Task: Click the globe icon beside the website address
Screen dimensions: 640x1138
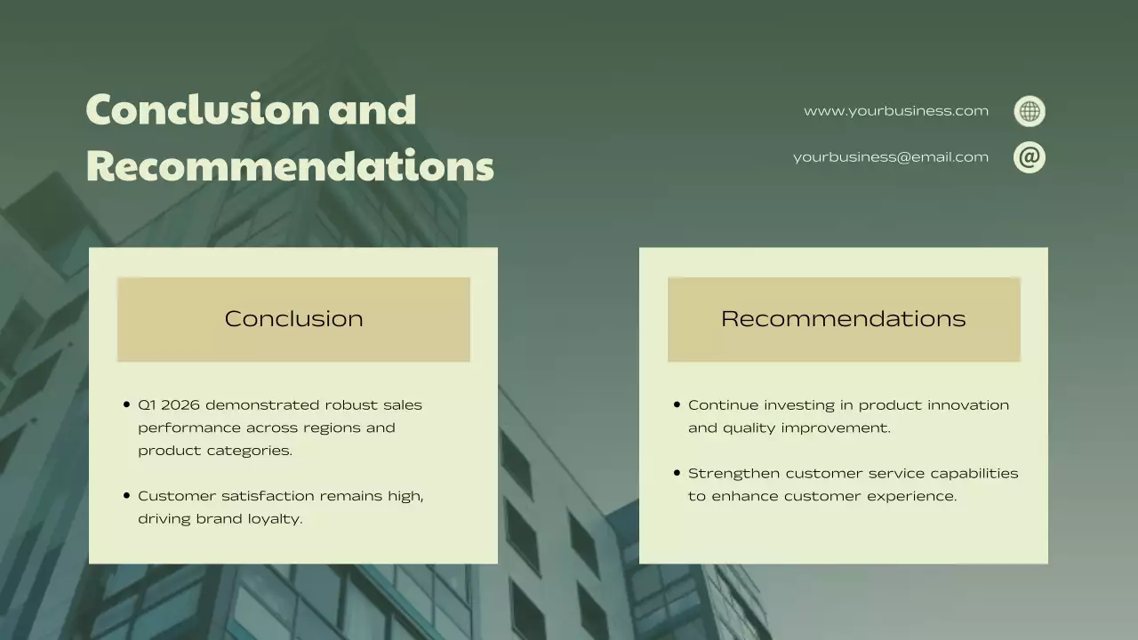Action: [x=1030, y=111]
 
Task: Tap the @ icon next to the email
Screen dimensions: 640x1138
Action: [x=1030, y=157]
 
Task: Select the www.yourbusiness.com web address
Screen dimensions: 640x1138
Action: [x=895, y=111]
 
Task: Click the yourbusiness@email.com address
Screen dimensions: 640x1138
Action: [x=890, y=157]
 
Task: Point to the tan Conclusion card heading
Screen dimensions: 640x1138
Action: [x=293, y=319]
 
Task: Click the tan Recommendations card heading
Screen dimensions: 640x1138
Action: [x=843, y=319]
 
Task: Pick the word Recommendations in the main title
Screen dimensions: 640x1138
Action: [x=290, y=166]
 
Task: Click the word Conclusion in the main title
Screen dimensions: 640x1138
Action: [x=203, y=109]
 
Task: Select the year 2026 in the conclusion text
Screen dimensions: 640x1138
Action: [x=180, y=405]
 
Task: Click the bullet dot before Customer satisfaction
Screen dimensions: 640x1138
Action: [x=126, y=496]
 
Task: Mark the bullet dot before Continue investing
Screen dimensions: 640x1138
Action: [x=677, y=405]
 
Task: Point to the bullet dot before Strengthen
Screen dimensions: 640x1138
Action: [x=677, y=474]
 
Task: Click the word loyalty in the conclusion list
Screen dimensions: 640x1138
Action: [x=274, y=519]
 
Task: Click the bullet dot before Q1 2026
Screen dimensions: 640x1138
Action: [x=126, y=405]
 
